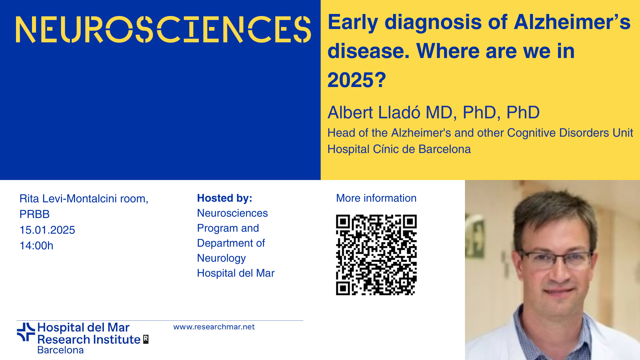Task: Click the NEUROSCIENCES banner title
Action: click(163, 29)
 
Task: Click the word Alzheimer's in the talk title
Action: click(572, 22)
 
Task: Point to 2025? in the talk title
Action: click(357, 80)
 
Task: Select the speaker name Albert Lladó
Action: click(374, 112)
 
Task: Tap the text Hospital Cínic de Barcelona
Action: click(399, 149)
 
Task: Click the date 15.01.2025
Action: click(47, 230)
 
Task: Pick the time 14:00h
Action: click(36, 246)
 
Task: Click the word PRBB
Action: click(35, 214)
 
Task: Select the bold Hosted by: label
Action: click(225, 198)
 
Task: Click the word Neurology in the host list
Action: click(221, 258)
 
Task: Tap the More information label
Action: click(376, 198)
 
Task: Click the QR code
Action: click(376, 255)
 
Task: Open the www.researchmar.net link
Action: click(214, 327)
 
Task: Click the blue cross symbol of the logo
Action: click(26, 332)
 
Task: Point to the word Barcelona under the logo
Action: click(60, 350)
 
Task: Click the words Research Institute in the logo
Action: click(89, 339)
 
